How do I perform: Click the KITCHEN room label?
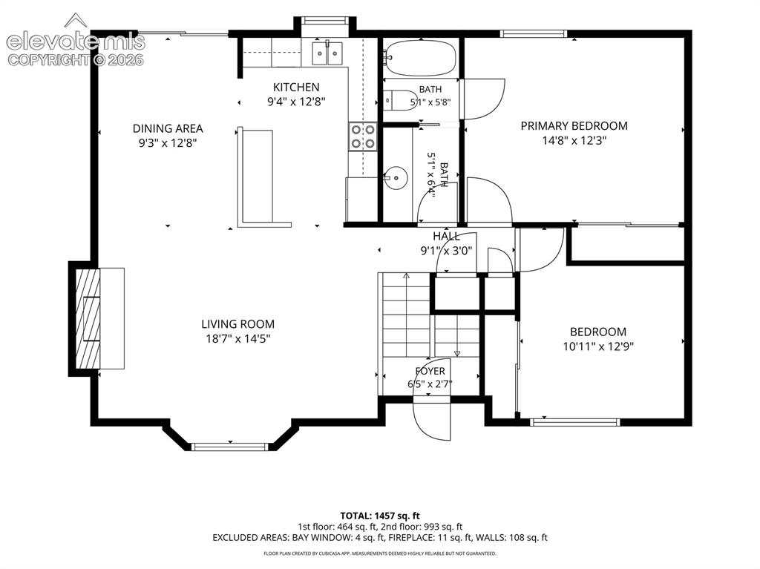(296, 88)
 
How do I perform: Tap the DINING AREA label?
(168, 128)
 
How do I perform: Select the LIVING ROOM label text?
(237, 323)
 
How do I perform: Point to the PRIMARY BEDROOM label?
(574, 126)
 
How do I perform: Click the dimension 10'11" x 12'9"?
(598, 346)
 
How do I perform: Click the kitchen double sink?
(327, 53)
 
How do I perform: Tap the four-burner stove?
(362, 137)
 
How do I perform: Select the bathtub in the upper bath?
(420, 58)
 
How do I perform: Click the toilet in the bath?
(400, 100)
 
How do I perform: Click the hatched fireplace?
(88, 318)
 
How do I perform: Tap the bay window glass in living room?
(230, 447)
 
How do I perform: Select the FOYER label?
(430, 371)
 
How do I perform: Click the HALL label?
(446, 236)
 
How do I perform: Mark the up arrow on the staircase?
(406, 276)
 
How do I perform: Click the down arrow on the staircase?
(456, 352)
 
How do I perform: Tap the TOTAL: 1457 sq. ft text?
(380, 515)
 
